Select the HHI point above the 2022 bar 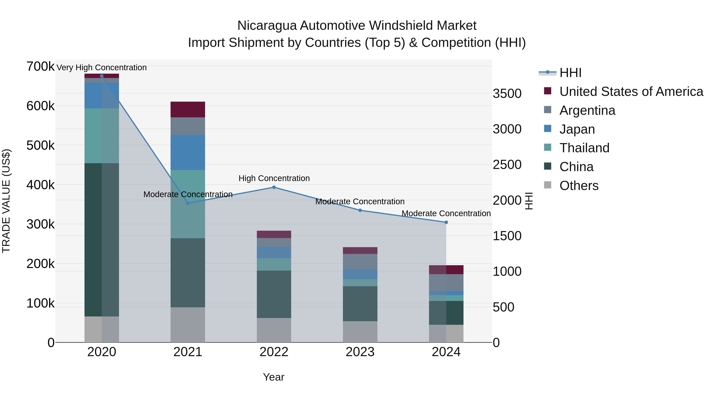tap(274, 187)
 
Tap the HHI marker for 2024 tap(446, 222)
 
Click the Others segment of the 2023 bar tap(360, 332)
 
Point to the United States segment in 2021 tap(188, 109)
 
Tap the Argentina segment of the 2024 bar tap(446, 282)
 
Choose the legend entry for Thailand tap(584, 148)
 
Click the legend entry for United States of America tap(631, 92)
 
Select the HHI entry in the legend tap(570, 73)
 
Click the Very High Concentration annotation tap(101, 67)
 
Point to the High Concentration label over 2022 tap(274, 178)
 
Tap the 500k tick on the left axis tap(40, 145)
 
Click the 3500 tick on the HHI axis tap(507, 94)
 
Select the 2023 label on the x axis tap(360, 352)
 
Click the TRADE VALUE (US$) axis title tap(6, 201)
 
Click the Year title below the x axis tap(274, 377)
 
